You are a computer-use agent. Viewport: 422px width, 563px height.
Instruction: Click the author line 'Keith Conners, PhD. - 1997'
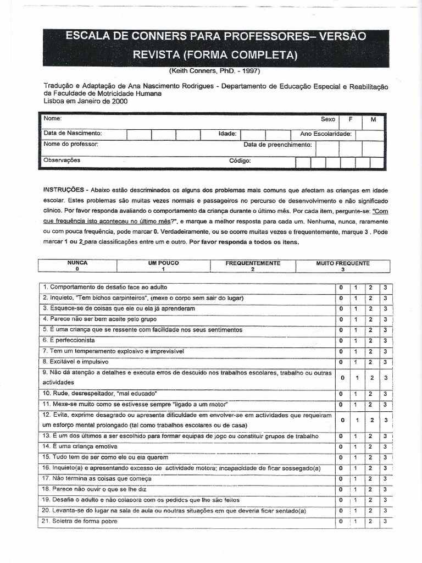tap(214, 71)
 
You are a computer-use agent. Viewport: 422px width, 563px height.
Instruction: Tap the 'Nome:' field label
tap(53, 119)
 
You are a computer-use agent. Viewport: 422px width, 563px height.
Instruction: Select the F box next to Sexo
tap(349, 119)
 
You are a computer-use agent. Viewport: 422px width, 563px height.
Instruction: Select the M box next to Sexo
tap(373, 119)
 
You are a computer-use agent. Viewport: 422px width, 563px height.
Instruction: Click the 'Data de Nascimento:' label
tap(73, 134)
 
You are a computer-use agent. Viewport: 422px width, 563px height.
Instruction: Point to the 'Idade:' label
tap(227, 134)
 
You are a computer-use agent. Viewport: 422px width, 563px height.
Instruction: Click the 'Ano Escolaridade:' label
tap(326, 134)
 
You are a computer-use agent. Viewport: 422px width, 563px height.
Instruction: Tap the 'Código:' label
tap(240, 161)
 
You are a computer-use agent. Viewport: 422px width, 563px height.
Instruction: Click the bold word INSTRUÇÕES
tap(64, 189)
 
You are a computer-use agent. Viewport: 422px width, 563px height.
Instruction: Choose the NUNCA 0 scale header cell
tap(77, 266)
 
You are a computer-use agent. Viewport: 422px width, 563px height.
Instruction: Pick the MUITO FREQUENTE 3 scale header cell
tap(343, 266)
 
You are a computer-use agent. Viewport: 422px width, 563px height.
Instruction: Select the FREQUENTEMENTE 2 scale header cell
tap(253, 266)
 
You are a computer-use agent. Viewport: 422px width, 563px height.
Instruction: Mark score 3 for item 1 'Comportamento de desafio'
tap(386, 288)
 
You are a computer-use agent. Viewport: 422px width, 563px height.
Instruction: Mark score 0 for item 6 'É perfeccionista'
tap(341, 341)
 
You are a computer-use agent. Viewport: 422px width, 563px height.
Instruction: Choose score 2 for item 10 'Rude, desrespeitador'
tap(371, 394)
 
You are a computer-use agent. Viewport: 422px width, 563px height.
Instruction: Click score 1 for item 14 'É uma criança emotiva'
tap(356, 447)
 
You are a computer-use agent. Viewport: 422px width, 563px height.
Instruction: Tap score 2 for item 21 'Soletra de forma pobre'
tap(371, 521)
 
